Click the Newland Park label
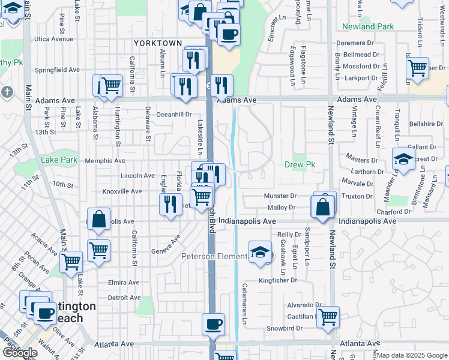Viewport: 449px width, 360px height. [367, 26]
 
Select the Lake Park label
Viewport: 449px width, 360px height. [59, 160]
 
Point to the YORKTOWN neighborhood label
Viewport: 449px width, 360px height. [158, 43]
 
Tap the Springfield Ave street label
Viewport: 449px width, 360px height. [57, 70]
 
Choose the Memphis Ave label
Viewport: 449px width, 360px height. [105, 161]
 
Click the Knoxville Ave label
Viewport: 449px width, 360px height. [121, 191]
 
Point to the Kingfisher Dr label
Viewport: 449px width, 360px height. [278, 280]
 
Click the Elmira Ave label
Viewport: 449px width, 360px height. [124, 283]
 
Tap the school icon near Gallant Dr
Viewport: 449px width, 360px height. [403, 160]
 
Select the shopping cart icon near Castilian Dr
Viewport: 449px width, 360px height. [328, 316]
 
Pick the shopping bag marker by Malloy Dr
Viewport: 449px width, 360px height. [323, 207]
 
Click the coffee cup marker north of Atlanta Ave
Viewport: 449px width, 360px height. [213, 325]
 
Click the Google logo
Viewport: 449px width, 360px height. [20, 353]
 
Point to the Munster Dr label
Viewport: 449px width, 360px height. [280, 196]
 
